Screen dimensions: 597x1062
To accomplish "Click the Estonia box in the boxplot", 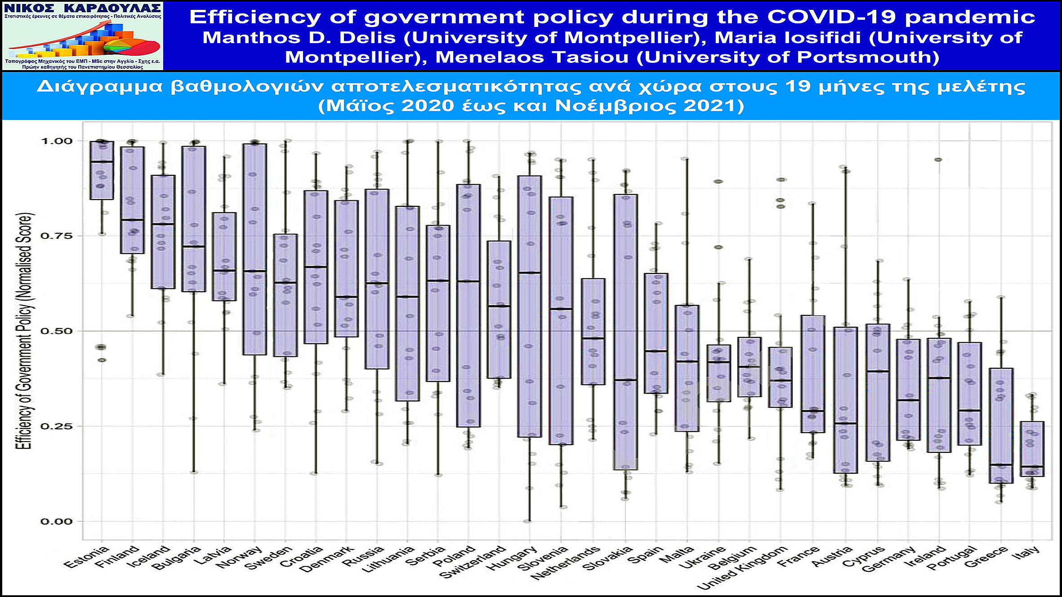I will coord(102,171).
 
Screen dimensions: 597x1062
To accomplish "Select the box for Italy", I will coord(1032,449).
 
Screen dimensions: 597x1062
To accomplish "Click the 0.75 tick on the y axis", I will coord(56,236).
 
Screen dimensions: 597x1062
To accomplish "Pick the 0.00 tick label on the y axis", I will coord(56,522).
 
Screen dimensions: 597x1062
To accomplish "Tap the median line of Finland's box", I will coord(132,220).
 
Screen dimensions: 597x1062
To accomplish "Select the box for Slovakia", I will coord(625,332).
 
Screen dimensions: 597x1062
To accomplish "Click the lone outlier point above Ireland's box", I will coord(938,159).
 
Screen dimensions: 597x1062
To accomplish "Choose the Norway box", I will coord(254,249).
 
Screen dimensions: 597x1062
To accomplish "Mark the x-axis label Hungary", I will coord(512,558).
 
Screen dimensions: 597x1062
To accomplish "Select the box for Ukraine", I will coord(718,373).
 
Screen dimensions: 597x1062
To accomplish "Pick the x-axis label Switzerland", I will coord(473,562).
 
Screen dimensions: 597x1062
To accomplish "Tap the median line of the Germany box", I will coord(908,400).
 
